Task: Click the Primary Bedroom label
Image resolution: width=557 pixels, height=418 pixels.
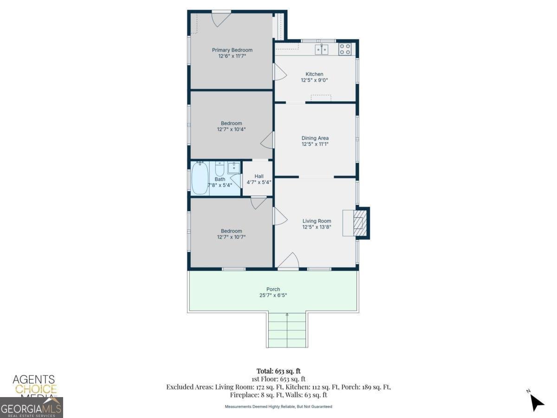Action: click(x=232, y=50)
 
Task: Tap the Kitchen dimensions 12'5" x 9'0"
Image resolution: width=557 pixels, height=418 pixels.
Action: click(x=314, y=80)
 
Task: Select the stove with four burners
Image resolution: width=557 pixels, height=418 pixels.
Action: click(x=344, y=49)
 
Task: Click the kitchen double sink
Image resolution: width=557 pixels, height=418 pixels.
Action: click(x=322, y=49)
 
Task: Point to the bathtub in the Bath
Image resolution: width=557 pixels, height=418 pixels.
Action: click(x=200, y=178)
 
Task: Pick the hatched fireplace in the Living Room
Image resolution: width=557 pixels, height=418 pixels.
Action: click(x=359, y=223)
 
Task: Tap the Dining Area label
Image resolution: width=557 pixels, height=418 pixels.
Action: click(x=315, y=138)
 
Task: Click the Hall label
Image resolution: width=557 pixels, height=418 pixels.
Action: click(x=259, y=176)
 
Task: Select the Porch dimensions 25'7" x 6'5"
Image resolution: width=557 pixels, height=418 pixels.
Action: click(x=273, y=295)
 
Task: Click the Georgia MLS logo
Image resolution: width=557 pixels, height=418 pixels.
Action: click(x=31, y=408)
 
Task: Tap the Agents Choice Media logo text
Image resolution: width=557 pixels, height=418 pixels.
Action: click(x=34, y=385)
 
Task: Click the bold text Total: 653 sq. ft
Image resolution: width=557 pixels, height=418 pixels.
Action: click(x=278, y=371)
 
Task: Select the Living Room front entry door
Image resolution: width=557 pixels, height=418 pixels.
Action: click(x=289, y=261)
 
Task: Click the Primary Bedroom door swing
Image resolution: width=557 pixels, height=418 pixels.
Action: click(x=221, y=19)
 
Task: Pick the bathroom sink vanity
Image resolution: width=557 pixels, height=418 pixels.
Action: click(x=234, y=167)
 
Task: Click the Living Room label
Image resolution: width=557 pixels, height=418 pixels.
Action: click(x=317, y=221)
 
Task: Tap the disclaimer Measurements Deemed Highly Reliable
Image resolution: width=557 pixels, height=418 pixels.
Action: click(x=278, y=406)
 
